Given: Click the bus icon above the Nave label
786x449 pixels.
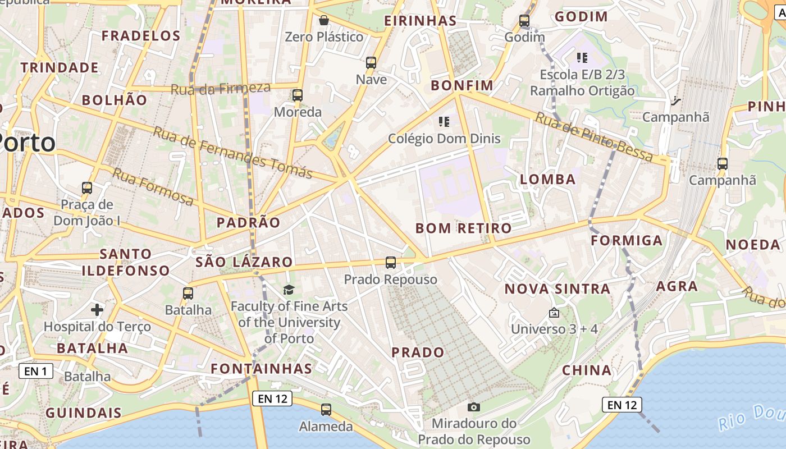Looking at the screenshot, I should [x=371, y=62].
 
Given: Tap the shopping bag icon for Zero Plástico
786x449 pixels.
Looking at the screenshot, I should [x=324, y=21].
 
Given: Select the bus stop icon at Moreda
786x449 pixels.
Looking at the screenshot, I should [x=298, y=95].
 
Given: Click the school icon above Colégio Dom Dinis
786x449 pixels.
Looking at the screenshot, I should [x=444, y=121].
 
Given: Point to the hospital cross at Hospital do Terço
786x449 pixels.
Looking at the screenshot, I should [x=97, y=309].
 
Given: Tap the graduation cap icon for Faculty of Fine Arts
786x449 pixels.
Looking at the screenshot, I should [x=289, y=290].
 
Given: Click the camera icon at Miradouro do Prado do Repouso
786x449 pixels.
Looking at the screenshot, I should [x=474, y=407].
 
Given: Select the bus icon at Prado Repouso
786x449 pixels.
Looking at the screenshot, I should [x=390, y=262].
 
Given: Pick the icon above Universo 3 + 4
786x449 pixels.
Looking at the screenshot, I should [x=554, y=312].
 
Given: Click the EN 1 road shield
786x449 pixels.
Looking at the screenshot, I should [x=36, y=370].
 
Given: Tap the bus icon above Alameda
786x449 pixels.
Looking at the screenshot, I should [x=326, y=410].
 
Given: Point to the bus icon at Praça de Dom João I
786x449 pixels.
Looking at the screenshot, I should [x=87, y=187].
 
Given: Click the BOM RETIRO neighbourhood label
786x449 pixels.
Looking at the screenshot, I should [x=464, y=228].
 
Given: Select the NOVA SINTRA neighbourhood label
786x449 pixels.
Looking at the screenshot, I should [x=557, y=289].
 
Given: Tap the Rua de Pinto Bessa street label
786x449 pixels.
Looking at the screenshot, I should [x=594, y=136].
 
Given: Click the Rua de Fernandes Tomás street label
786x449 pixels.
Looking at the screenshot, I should [x=232, y=152].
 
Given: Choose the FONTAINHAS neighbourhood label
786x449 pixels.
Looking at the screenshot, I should [x=261, y=368].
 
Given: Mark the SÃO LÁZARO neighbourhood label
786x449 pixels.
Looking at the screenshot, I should [x=244, y=262].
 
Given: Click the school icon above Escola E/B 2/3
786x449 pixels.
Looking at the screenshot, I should [x=582, y=57].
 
